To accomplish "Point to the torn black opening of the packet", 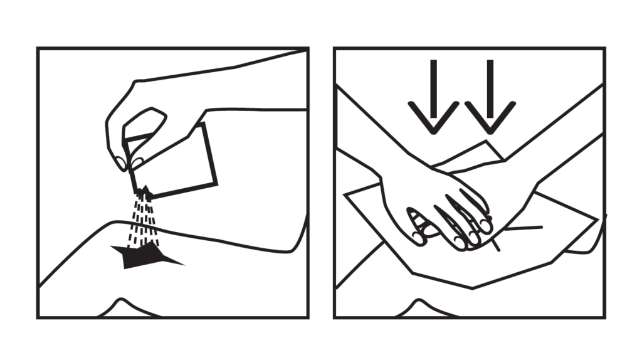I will pos(144,191).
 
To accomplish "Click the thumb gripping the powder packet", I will pos(148,119).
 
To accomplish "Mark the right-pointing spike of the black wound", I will pos(178,262).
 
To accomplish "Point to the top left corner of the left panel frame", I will pos(38,48).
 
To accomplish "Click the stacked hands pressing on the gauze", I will pos(439,207).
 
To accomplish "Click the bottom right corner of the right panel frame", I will pos(604,317).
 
